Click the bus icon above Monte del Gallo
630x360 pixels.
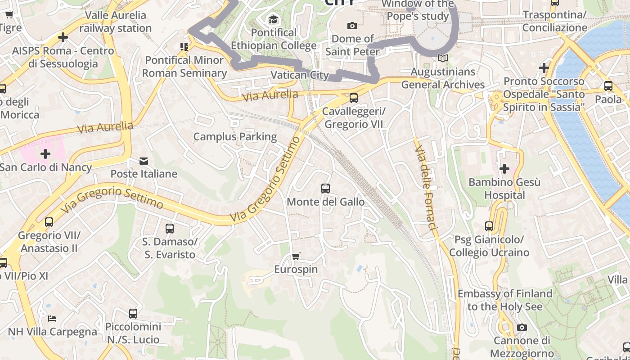(325, 188)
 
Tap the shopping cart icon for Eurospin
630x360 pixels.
(296, 256)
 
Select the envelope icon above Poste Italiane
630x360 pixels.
(144, 161)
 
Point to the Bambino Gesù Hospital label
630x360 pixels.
(504, 189)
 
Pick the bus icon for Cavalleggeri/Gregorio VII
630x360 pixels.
(354, 98)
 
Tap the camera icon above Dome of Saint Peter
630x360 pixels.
(352, 26)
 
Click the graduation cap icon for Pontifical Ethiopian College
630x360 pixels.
(273, 19)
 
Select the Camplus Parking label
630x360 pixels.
(235, 136)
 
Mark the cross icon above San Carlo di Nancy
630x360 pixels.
(45, 154)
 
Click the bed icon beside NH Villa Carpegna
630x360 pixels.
(52, 318)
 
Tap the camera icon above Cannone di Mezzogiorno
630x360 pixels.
(522, 327)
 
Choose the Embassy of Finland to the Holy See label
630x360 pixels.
(505, 300)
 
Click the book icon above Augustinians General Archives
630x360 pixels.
(443, 58)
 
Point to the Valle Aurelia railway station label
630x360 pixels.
(116, 22)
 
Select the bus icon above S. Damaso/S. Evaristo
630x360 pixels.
(170, 228)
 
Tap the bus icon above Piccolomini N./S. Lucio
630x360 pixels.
(133, 313)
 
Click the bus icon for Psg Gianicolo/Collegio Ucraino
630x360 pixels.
(489, 226)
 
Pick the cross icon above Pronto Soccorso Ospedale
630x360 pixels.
(544, 68)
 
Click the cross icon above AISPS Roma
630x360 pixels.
(63, 37)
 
